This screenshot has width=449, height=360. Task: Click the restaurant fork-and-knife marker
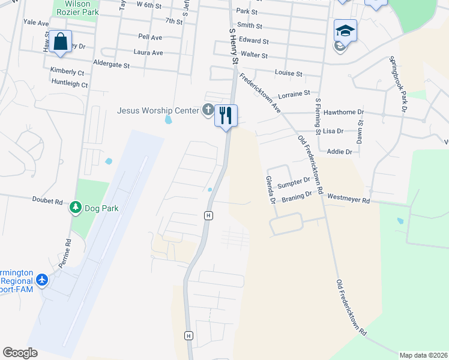coord(226,115)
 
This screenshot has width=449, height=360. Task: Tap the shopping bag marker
coord(60,41)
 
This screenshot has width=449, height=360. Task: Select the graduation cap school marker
coord(345,31)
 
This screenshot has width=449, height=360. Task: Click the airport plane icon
coord(42,280)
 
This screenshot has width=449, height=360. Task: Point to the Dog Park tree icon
coord(76,208)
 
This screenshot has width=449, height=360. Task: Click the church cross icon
coord(208,110)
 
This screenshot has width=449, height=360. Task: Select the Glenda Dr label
coord(270,189)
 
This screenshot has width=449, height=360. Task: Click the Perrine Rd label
coord(69,252)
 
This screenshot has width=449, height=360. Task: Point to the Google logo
coord(20,353)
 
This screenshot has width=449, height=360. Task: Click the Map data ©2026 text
coord(423,355)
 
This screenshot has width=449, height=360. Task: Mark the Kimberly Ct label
coord(67,71)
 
